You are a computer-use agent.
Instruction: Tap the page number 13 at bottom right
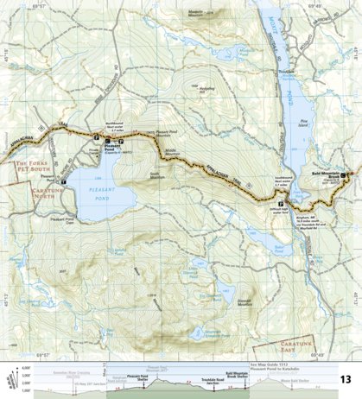point(345,379)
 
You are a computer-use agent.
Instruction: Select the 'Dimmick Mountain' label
point(245,301)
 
